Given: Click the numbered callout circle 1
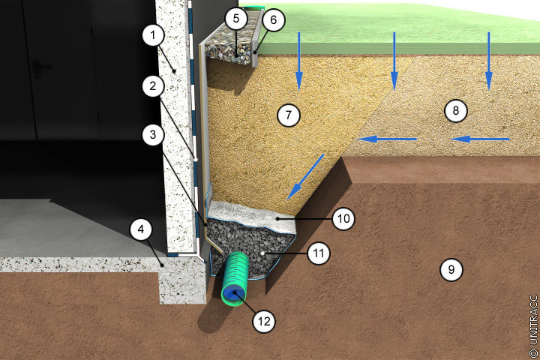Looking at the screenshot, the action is [153, 34].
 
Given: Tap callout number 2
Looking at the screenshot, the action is [153, 86].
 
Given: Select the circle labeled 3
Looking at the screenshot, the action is [153, 135].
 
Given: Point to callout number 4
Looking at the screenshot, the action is [141, 229].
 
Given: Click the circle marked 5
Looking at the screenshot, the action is [236, 19].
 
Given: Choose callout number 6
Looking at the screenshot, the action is [274, 20].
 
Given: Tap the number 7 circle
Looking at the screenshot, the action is [289, 115].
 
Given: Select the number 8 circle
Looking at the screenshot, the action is [456, 110].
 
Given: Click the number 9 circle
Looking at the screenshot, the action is [451, 269].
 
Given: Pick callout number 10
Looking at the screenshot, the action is [343, 218].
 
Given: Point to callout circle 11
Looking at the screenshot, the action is [319, 253].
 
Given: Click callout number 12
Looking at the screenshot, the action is [264, 322].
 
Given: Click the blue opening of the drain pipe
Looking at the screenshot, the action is [234, 295].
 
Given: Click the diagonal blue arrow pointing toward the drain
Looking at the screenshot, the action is [305, 177].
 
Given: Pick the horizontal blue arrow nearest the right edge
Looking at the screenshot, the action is [480, 139].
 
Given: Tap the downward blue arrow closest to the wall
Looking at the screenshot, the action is [299, 61].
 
